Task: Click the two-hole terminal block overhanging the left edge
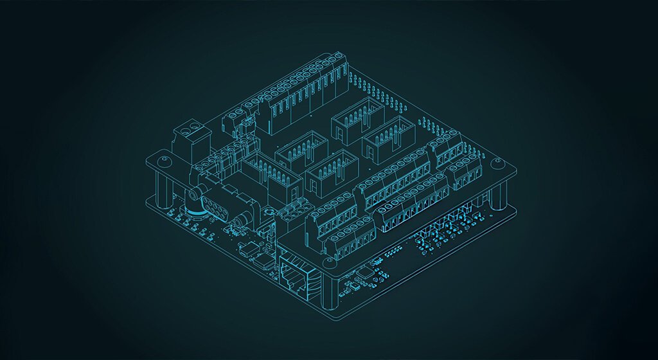coord(191,138)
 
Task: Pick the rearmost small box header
coord(357,119)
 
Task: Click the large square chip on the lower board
coord(364,273)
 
